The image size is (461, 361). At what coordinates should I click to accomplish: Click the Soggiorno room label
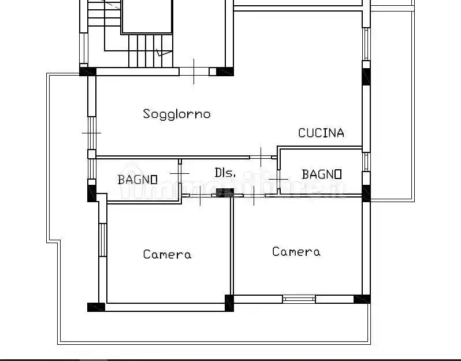(x=177, y=114)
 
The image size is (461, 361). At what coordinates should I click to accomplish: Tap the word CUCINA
(x=321, y=133)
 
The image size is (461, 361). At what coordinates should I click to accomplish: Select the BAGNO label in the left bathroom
(x=137, y=180)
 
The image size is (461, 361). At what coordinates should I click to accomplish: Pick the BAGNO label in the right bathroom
(x=322, y=174)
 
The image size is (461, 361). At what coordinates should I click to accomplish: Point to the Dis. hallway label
(x=224, y=173)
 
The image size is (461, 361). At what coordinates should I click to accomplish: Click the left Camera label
(x=167, y=254)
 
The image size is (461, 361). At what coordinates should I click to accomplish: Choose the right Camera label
(x=296, y=252)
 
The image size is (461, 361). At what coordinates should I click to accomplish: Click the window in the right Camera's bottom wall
(x=299, y=299)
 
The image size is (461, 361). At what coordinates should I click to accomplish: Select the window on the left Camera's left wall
(x=102, y=239)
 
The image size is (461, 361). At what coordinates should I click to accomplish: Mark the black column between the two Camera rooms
(x=229, y=303)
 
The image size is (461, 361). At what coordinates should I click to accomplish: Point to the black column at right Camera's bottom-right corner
(x=362, y=299)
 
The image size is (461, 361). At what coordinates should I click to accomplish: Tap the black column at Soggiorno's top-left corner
(x=87, y=71)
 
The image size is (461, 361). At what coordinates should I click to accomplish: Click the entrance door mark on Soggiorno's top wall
(x=194, y=72)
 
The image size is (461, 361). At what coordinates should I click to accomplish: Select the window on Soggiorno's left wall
(x=91, y=133)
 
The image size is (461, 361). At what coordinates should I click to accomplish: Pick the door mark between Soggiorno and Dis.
(x=262, y=157)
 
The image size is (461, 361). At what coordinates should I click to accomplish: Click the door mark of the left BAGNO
(x=180, y=173)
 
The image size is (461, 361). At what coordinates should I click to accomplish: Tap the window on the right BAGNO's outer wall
(x=366, y=162)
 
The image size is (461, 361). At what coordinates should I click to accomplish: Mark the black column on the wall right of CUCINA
(x=366, y=76)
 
